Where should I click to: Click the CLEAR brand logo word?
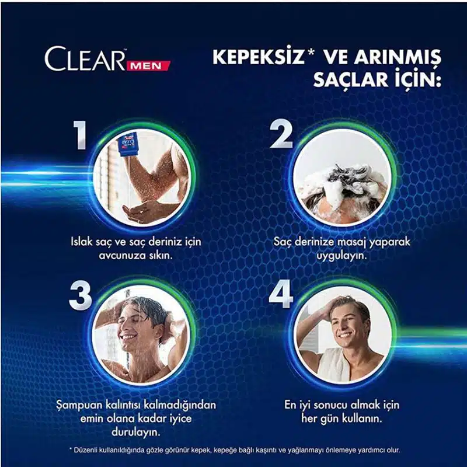85,59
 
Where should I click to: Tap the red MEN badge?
148,65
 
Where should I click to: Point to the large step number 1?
81,135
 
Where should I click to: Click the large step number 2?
281,134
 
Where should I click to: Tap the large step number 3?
81,296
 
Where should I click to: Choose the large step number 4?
281,294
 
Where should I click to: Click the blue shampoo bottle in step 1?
128,145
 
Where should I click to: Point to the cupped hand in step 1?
143,211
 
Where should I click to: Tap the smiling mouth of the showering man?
128,337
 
